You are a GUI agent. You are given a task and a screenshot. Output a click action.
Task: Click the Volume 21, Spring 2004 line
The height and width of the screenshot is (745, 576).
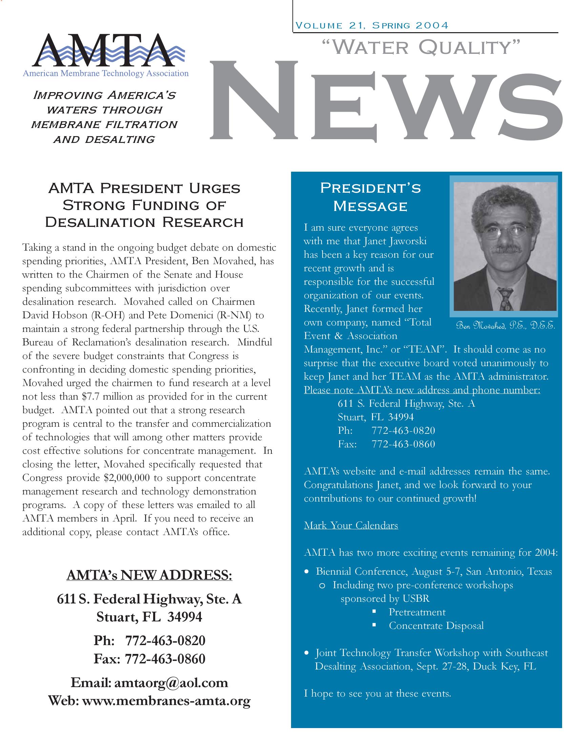click(x=372, y=26)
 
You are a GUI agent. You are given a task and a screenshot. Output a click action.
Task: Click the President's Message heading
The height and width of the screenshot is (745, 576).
click(x=371, y=197)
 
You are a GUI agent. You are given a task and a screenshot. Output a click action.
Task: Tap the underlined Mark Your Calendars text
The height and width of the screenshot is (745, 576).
click(x=351, y=525)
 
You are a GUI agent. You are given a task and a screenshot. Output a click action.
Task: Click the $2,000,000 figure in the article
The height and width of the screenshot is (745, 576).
click(x=127, y=478)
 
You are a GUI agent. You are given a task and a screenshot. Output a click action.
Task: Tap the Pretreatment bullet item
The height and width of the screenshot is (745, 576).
click(x=417, y=612)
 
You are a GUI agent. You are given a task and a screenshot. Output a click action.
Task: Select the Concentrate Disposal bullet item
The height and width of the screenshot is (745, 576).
click(x=436, y=626)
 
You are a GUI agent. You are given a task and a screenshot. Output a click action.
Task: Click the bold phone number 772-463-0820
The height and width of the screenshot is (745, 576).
click(x=165, y=641)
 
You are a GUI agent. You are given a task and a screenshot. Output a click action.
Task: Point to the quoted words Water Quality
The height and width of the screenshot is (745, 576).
click(x=422, y=47)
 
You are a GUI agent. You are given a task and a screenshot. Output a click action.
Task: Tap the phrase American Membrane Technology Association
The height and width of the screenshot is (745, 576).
click(x=106, y=73)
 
